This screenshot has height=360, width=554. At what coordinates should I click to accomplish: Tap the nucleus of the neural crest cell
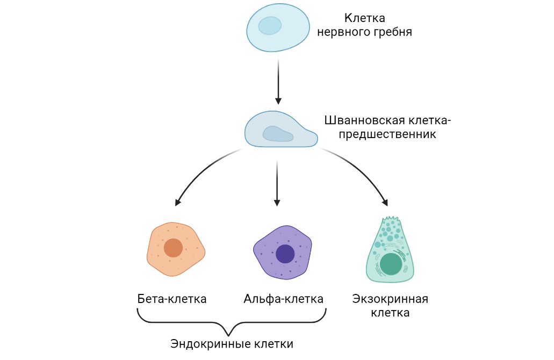coord(270,25)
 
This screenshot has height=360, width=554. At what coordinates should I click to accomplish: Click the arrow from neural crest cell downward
coord(278,81)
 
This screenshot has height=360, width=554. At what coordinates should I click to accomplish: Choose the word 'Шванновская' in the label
coord(357,120)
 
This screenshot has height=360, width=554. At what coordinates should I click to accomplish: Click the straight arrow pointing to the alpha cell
coord(277,183)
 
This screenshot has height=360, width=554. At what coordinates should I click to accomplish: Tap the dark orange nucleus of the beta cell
coord(173,248)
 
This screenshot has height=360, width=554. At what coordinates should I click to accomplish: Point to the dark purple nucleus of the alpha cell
coord(285,254)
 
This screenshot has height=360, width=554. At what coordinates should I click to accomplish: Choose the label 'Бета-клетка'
coord(172,299)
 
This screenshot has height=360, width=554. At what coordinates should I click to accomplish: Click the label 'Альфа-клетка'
coord(284,299)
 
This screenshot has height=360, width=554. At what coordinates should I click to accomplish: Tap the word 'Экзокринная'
coord(390,299)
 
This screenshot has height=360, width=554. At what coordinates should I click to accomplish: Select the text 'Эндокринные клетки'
coord(232,344)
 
